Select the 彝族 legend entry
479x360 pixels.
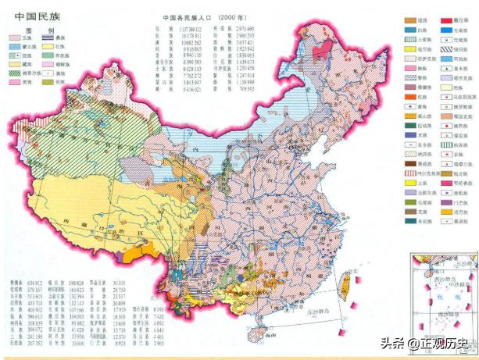(x=66, y=48)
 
